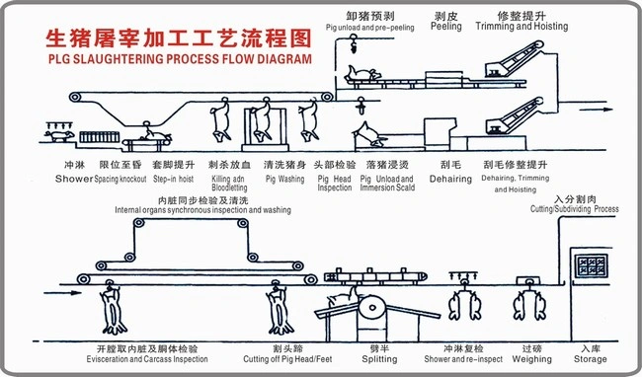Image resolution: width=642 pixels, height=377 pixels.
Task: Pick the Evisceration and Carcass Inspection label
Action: coord(153,360)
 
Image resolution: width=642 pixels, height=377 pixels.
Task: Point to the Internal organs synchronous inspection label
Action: coord(202,210)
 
